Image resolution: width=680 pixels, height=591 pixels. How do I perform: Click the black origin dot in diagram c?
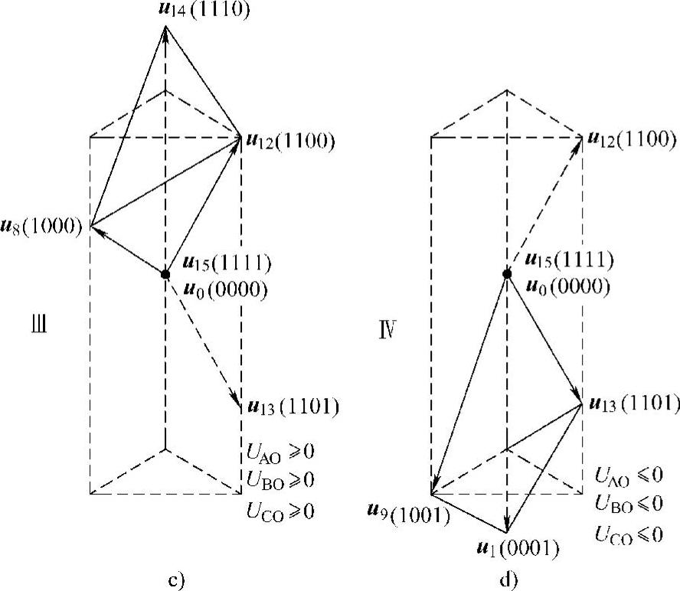coord(165,274)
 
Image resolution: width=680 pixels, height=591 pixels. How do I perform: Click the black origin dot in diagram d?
coord(506,273)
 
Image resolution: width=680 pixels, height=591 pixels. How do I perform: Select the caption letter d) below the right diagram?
coord(510,579)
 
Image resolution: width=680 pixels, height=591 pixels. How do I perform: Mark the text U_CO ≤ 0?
coord(627,534)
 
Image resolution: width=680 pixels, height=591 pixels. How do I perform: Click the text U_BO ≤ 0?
coord(627,504)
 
